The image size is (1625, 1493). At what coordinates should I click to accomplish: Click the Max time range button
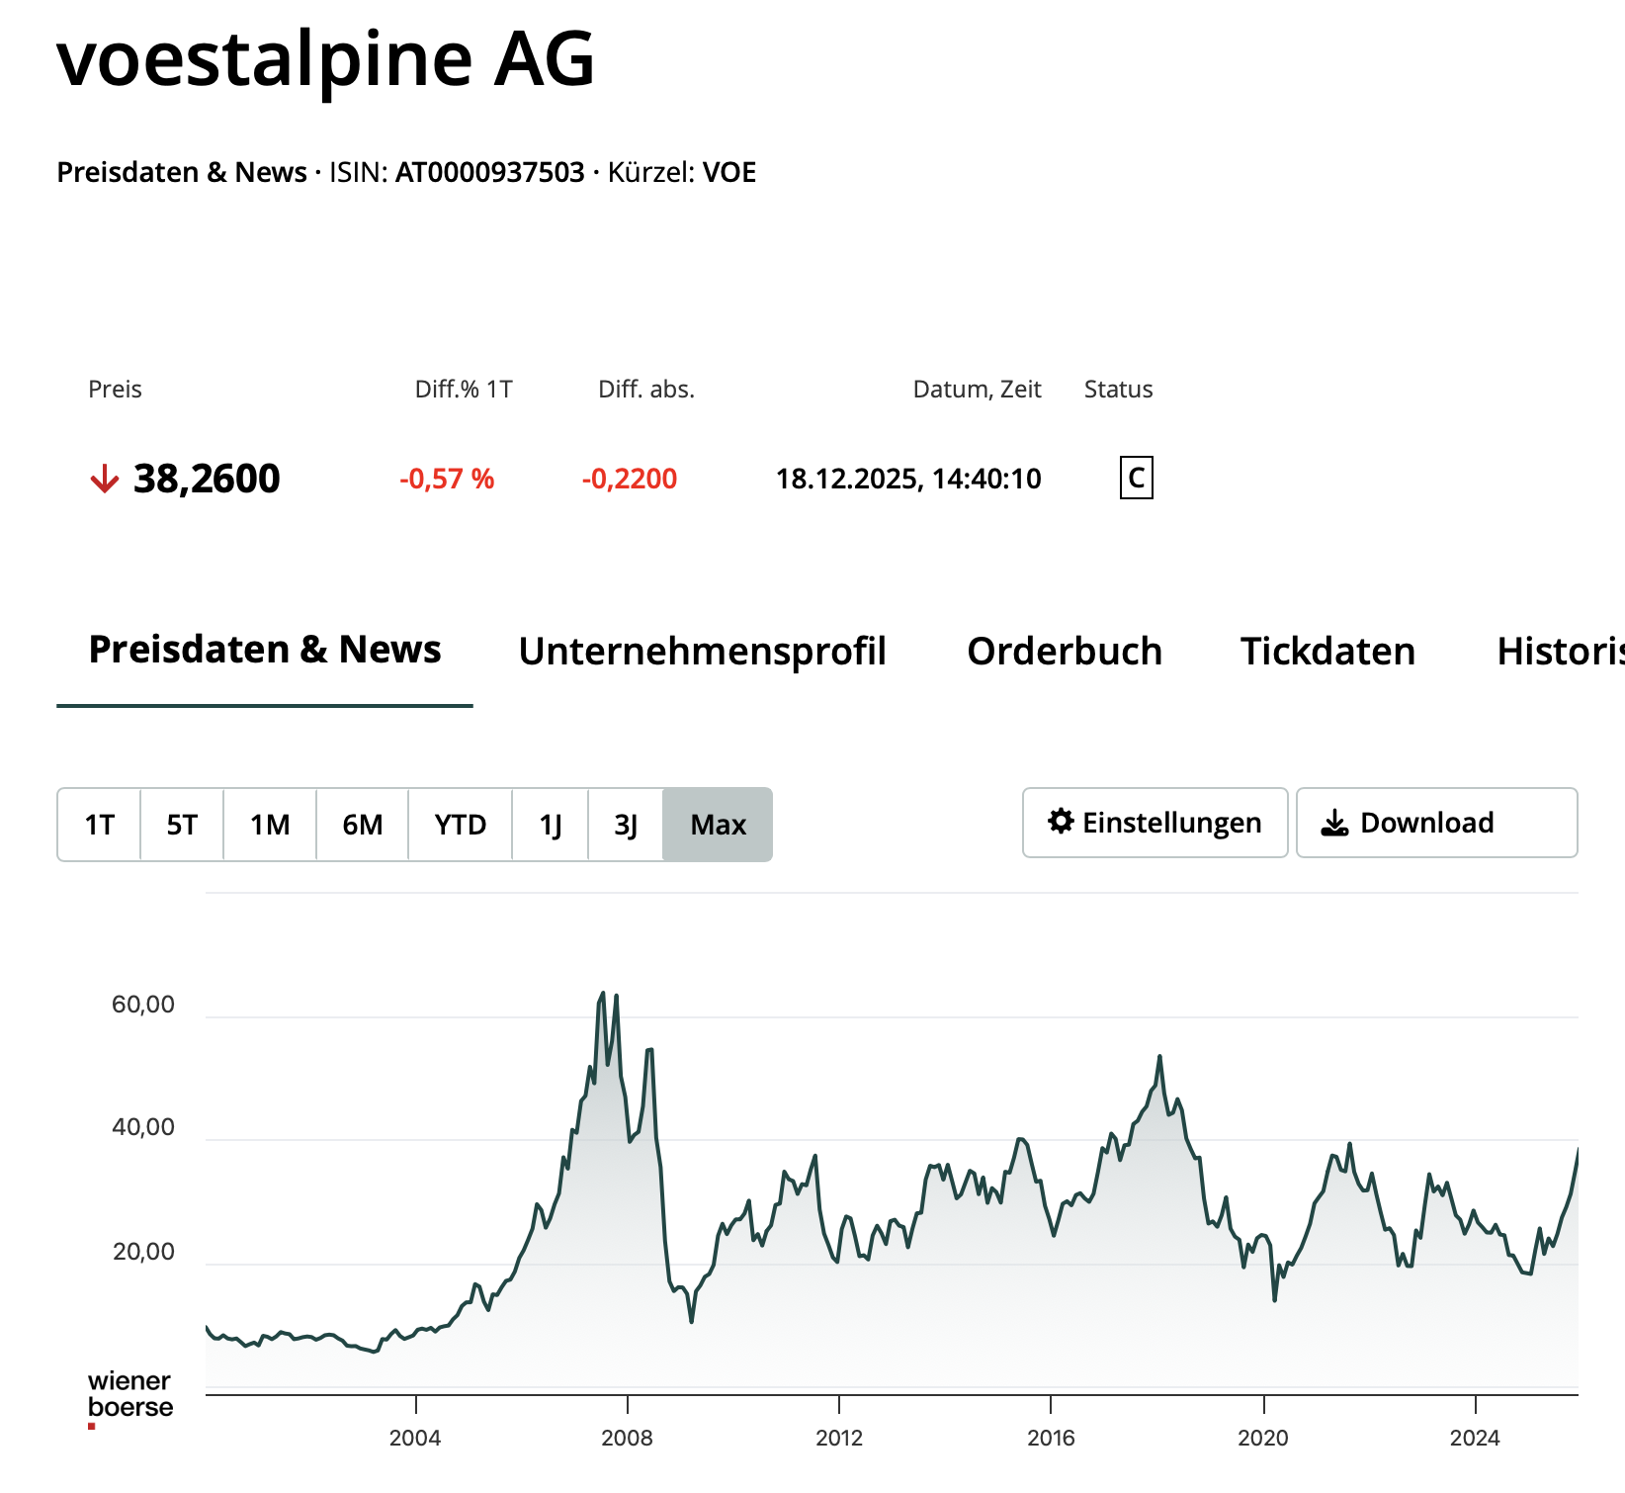(x=718, y=825)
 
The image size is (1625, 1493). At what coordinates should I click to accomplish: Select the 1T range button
(x=100, y=825)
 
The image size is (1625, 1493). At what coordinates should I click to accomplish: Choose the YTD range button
(x=461, y=825)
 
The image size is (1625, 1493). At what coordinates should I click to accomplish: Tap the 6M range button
(x=363, y=825)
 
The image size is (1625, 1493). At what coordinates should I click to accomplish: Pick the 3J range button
(x=626, y=825)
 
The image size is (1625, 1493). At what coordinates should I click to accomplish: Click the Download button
(x=1436, y=823)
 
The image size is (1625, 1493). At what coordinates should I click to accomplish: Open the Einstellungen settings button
(x=1155, y=823)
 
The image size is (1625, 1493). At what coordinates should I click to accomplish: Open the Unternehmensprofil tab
(x=702, y=652)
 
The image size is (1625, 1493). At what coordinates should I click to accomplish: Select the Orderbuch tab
(x=1065, y=652)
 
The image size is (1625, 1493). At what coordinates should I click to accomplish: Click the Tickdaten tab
(x=1327, y=652)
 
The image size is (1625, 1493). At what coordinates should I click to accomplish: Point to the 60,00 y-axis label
(x=143, y=1005)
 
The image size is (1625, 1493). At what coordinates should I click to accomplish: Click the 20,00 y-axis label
(x=143, y=1252)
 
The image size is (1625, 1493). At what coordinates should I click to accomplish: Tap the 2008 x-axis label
(x=628, y=1438)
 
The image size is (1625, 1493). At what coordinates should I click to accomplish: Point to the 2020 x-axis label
(x=1263, y=1438)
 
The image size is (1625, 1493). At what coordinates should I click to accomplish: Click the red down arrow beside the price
(x=104, y=480)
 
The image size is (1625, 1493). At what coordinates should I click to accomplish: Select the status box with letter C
(x=1136, y=479)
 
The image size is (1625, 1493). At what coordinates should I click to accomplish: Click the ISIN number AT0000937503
(x=490, y=172)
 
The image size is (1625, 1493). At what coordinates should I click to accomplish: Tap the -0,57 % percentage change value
(x=447, y=480)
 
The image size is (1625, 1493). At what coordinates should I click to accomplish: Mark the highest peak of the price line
(x=603, y=994)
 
